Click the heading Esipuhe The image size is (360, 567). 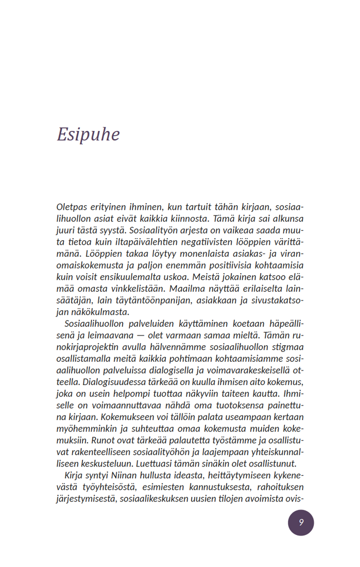tap(88, 134)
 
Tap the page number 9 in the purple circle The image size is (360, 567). tap(301, 522)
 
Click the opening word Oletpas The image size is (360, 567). tap(72, 206)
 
